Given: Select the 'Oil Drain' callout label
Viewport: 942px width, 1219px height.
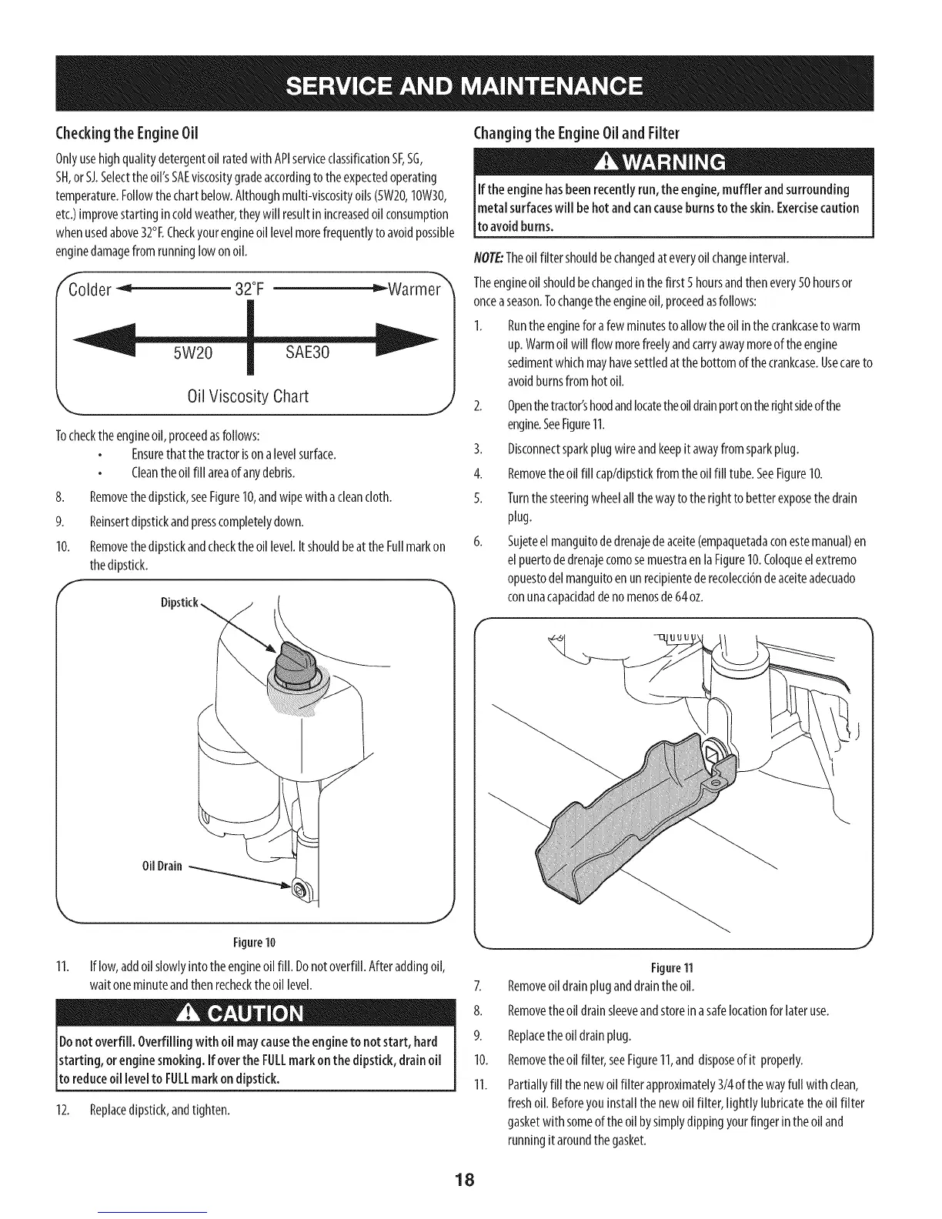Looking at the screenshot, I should tap(162, 866).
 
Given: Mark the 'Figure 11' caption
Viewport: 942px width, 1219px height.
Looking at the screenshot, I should tap(674, 967).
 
